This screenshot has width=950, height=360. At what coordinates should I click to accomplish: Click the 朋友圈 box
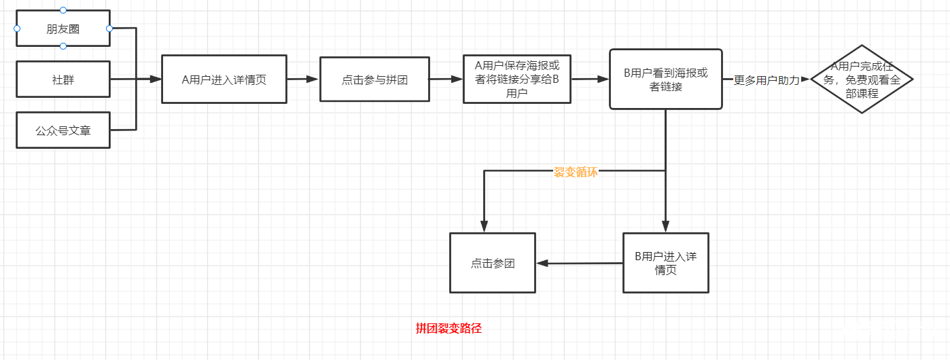point(63,29)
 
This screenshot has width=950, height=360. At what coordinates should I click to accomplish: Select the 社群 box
point(63,79)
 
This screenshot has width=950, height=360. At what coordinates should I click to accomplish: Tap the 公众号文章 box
point(63,130)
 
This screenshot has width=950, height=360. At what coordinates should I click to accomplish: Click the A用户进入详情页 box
point(224,79)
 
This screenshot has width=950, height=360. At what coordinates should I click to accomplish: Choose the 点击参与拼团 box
point(374,79)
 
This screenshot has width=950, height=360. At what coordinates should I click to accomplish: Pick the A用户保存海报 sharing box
point(516,79)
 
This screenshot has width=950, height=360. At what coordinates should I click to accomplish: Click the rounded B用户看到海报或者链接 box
point(665,79)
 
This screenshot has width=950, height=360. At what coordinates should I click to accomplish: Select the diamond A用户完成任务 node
point(862,79)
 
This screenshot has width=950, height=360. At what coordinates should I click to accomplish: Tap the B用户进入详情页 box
point(665,263)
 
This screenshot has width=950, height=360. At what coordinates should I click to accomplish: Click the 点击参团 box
point(493,263)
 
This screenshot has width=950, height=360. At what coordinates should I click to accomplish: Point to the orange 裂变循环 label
point(576,172)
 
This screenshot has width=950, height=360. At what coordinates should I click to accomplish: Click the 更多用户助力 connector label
point(767,79)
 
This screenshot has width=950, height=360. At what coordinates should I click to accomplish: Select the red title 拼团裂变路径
point(448,329)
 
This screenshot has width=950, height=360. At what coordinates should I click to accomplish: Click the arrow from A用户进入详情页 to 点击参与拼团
point(303,79)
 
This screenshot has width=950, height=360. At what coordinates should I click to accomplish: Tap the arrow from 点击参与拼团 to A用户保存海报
point(446,79)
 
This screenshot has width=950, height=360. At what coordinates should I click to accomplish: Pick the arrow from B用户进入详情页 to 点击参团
point(579,263)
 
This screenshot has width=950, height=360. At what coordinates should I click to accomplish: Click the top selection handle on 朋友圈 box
point(63,10)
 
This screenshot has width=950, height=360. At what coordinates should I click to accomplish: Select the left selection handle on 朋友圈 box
point(17,29)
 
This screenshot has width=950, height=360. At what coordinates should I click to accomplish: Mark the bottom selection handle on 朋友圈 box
point(63,46)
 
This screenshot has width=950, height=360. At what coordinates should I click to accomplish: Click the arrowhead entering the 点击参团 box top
point(484,227)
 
